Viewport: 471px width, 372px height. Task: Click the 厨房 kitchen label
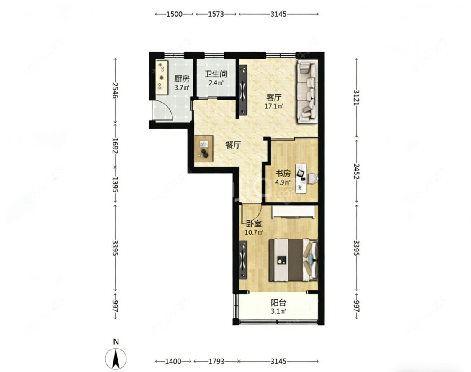182,79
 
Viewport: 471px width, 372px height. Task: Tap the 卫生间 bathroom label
216,74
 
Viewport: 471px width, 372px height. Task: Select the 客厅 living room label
274,97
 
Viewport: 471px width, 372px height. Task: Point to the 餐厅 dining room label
233,145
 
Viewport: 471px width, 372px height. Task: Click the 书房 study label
283,174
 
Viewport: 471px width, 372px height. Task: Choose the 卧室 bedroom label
254,224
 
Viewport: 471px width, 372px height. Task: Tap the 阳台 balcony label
278,303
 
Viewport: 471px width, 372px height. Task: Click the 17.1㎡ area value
274,106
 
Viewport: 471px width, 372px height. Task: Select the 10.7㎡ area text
254,232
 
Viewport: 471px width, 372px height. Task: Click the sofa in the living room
307,91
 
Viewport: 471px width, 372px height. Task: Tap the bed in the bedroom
293,260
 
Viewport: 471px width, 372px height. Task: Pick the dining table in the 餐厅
203,149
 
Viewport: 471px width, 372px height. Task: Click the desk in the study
301,179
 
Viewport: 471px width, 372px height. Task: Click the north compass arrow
116,359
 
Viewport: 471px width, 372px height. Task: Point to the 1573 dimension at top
216,14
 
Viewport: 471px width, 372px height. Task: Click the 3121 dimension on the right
356,97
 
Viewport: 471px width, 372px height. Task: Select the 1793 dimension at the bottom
216,361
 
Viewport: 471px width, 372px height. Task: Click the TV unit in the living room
243,90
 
